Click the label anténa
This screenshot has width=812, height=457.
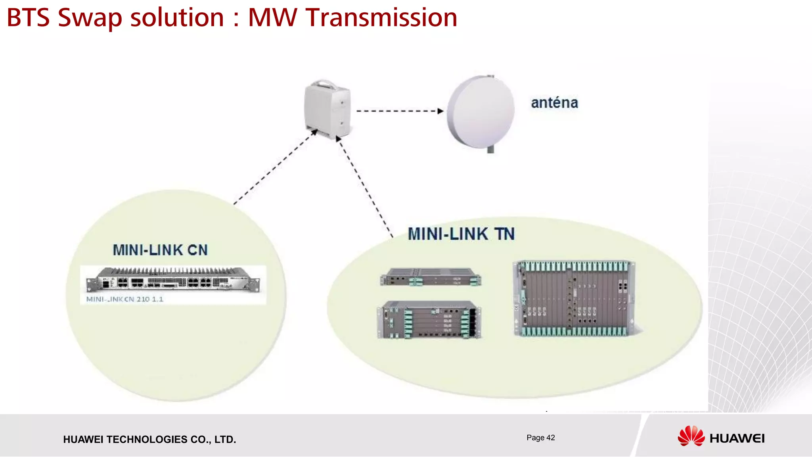554,103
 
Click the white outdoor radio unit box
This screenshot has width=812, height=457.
327,109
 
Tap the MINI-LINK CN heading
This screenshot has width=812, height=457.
160,250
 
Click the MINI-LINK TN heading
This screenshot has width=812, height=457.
461,234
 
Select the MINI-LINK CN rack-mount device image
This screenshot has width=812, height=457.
173,280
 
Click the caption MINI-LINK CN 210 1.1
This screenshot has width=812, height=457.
125,299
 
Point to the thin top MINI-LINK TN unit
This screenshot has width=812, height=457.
431,277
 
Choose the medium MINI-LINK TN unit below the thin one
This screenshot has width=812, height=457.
429,320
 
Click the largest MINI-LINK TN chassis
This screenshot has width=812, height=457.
574,299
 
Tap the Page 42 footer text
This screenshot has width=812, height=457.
540,438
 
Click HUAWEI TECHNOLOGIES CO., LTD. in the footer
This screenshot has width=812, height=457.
149,440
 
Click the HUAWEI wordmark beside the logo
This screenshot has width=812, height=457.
737,438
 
